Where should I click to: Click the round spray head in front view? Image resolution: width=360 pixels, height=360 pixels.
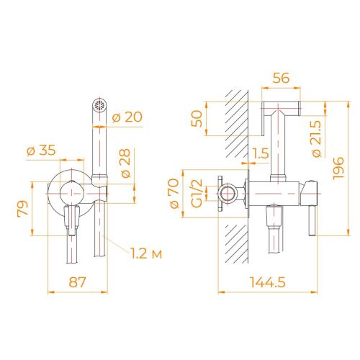tap(99, 105)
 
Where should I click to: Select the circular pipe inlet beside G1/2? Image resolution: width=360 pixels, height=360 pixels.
tap(229, 194)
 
